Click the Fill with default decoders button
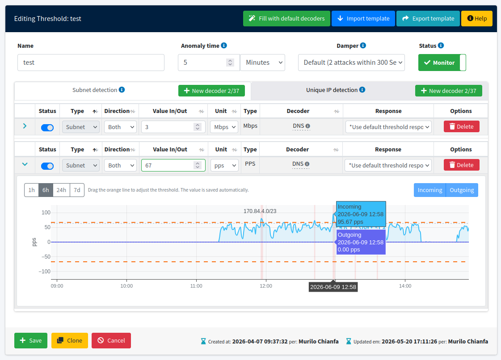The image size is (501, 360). click(286, 18)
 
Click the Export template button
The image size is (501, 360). click(428, 18)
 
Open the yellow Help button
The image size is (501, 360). click(477, 18)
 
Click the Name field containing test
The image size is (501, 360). click(91, 62)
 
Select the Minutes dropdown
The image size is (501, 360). click(263, 62)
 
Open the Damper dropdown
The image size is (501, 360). click(351, 62)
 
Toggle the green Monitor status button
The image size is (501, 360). click(442, 63)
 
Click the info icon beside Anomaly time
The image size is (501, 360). click(224, 46)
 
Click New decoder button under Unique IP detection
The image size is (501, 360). click(449, 91)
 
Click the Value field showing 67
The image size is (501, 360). click(173, 165)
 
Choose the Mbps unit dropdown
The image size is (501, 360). click(224, 127)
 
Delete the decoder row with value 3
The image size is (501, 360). click(461, 126)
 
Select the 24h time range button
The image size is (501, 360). click(61, 190)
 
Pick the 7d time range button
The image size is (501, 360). click(77, 190)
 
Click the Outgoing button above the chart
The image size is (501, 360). click(462, 190)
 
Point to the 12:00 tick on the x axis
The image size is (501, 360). click(266, 286)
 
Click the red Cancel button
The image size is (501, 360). click(111, 340)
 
